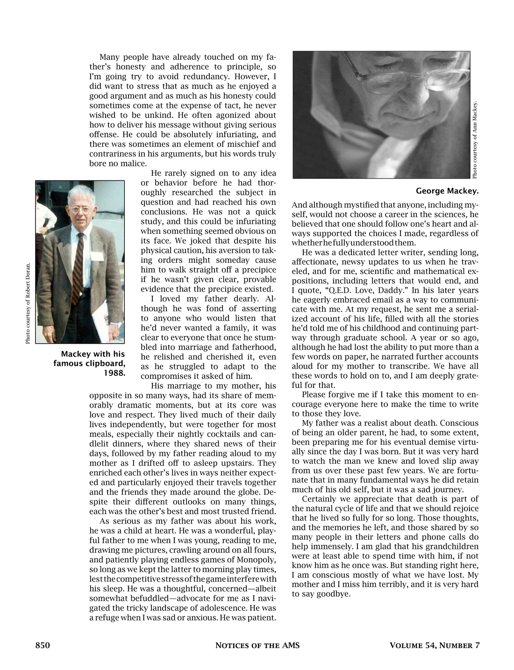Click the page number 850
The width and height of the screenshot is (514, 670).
pos(43,646)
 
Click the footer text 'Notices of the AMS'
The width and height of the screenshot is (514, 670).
pos(257,646)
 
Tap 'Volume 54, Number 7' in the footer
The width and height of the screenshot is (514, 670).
pos(435,646)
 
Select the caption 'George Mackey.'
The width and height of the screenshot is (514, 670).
pos(447,191)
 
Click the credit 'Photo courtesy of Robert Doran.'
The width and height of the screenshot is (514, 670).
pos(28,304)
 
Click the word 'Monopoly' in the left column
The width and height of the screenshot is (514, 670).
pos(256,560)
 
